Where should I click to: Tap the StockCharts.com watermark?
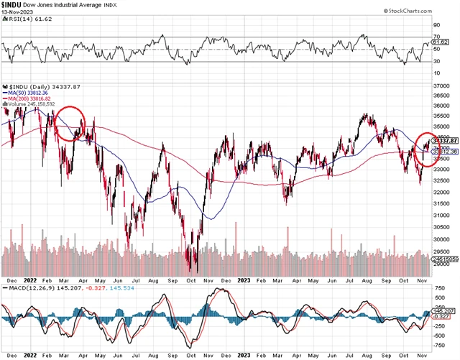click(x=428, y=11)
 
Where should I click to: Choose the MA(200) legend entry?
click(x=29, y=98)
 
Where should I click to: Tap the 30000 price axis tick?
click(x=446, y=229)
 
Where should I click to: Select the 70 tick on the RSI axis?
click(x=436, y=36)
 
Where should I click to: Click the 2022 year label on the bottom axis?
click(x=31, y=354)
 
